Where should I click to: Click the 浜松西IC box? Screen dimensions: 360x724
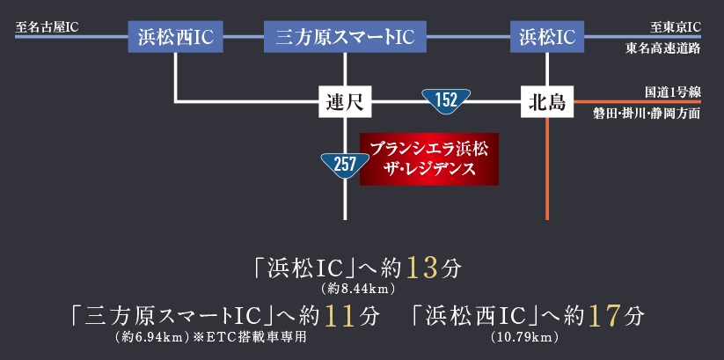point(176,37)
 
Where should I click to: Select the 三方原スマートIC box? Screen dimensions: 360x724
point(345,37)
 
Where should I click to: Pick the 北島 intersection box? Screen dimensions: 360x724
point(547,102)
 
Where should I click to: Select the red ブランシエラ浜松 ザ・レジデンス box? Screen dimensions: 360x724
point(429,158)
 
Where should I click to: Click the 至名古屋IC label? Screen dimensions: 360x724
point(47,27)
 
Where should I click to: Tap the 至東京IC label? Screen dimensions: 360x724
point(676,27)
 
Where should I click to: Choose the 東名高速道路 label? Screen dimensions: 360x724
point(663,48)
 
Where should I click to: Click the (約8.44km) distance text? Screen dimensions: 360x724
point(362,288)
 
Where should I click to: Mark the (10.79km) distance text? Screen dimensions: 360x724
point(526,336)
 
